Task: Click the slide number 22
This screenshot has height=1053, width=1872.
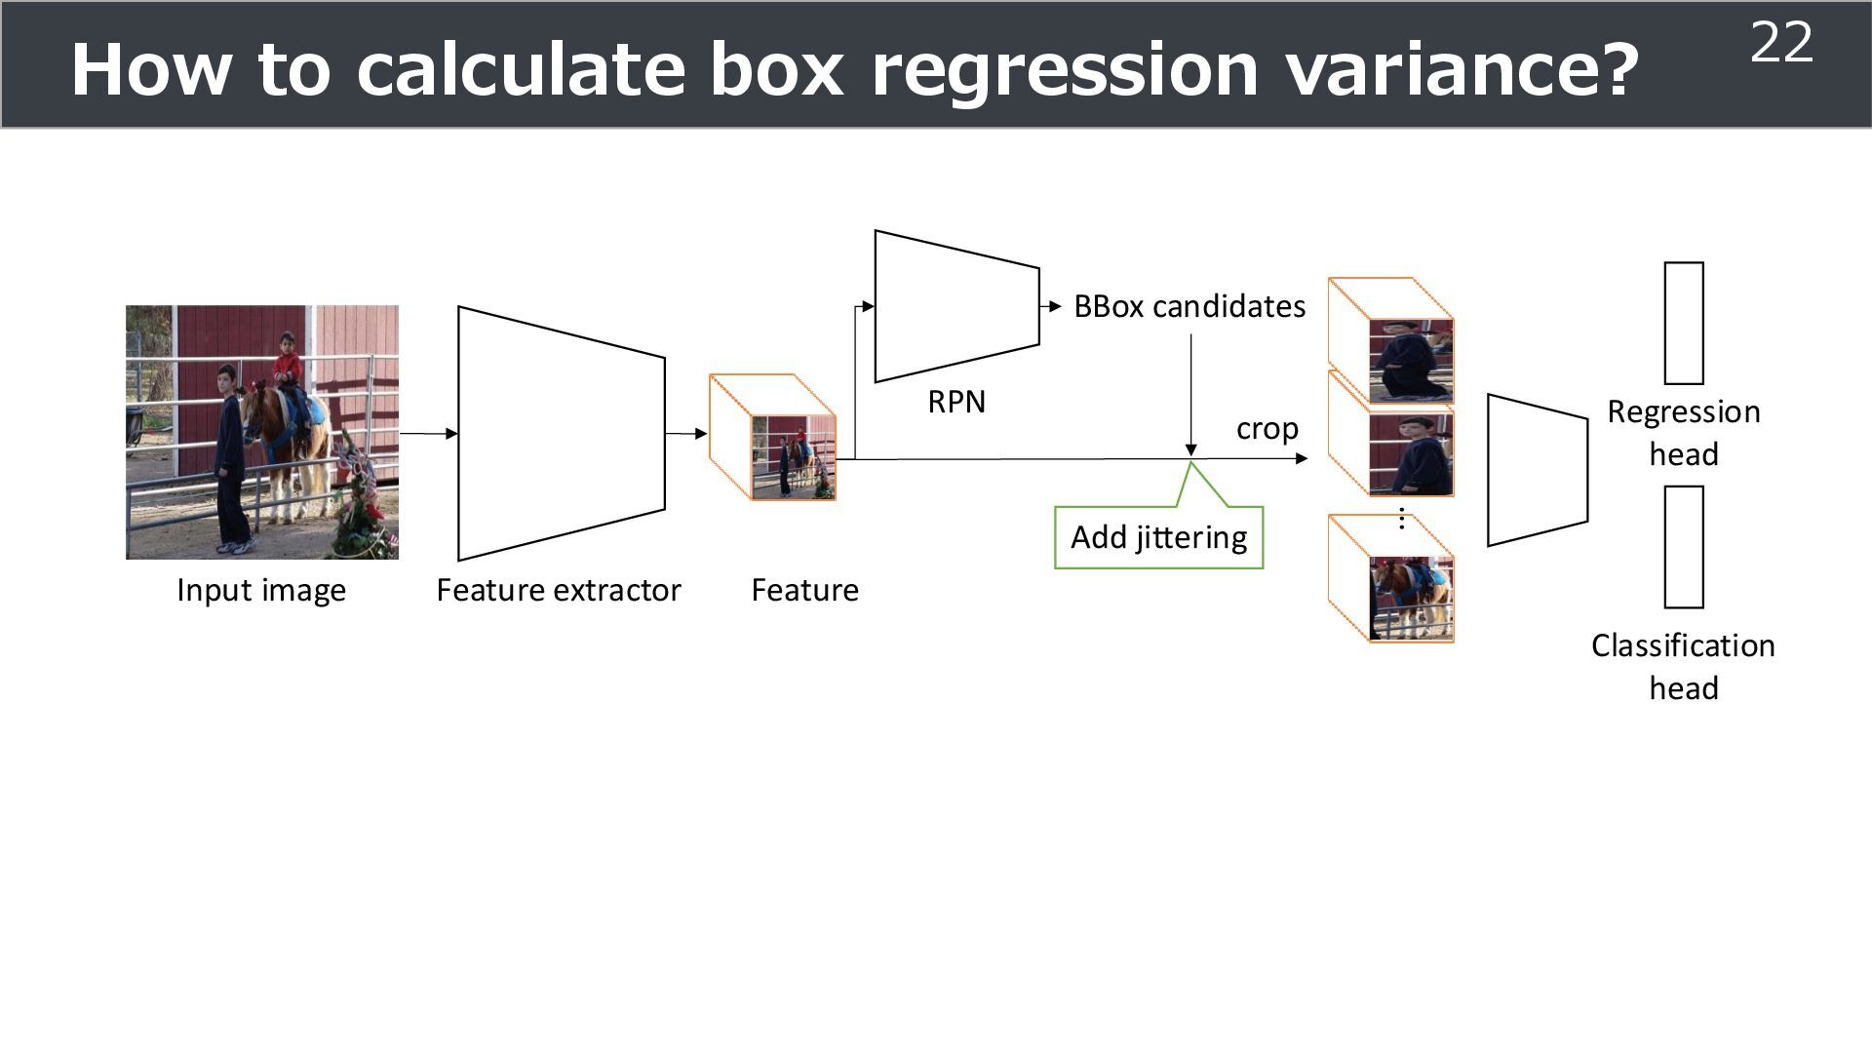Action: pyautogui.click(x=1781, y=43)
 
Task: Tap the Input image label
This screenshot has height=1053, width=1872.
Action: pyautogui.click(x=261, y=590)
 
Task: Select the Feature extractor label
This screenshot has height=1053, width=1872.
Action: pyautogui.click(x=558, y=590)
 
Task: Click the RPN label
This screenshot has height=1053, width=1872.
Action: pyautogui.click(x=956, y=402)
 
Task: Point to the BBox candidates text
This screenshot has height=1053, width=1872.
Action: pyautogui.click(x=1189, y=306)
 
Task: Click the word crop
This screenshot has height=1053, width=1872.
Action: pyautogui.click(x=1267, y=429)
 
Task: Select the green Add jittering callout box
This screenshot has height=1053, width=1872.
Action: pyautogui.click(x=1158, y=537)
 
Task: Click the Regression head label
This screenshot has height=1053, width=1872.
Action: pyautogui.click(x=1684, y=433)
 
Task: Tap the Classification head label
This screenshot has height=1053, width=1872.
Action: pyautogui.click(x=1684, y=667)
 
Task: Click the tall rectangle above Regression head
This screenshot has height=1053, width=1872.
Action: pyautogui.click(x=1684, y=323)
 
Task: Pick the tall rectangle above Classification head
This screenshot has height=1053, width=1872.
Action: pyautogui.click(x=1684, y=547)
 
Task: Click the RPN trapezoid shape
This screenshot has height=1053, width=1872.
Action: pyautogui.click(x=955, y=306)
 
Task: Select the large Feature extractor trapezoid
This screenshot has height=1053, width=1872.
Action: pyautogui.click(x=561, y=434)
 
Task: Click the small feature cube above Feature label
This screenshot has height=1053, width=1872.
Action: pyautogui.click(x=773, y=437)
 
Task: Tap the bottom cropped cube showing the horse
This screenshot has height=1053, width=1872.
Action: pyautogui.click(x=1392, y=580)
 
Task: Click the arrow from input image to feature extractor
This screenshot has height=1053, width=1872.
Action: pyautogui.click(x=428, y=434)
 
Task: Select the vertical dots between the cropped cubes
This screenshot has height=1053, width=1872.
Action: pyautogui.click(x=1401, y=519)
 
